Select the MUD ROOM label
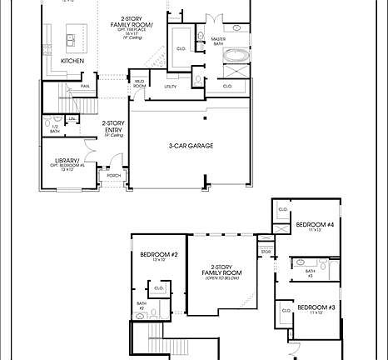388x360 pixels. tap(140, 84)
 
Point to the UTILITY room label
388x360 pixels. tap(170, 86)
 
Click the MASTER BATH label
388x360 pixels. tap(218, 42)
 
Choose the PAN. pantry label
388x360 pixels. tap(85, 86)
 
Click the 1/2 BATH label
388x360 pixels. tap(54, 129)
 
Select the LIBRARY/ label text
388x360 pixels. tap(68, 160)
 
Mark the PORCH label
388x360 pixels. tap(112, 176)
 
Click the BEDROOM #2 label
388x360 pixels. tap(159, 254)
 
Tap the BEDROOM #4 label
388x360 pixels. tap(316, 224)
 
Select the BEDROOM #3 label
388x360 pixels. tap(316, 307)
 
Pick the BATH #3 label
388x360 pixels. tap(309, 272)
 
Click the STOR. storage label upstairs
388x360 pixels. tap(266, 250)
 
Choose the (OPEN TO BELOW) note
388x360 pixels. tap(222, 279)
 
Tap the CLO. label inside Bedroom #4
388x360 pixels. tap(282, 209)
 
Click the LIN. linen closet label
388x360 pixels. tap(72, 119)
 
